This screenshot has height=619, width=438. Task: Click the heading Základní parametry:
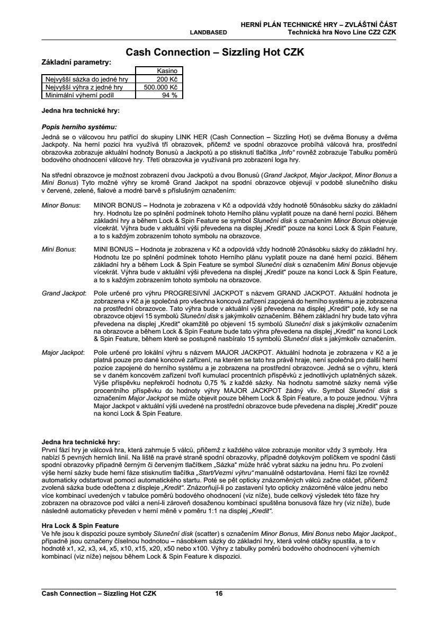click(76, 62)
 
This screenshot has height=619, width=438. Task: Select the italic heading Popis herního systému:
click(79, 127)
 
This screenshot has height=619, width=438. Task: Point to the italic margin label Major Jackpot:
click(63, 352)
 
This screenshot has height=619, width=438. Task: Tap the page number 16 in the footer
click(219, 594)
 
